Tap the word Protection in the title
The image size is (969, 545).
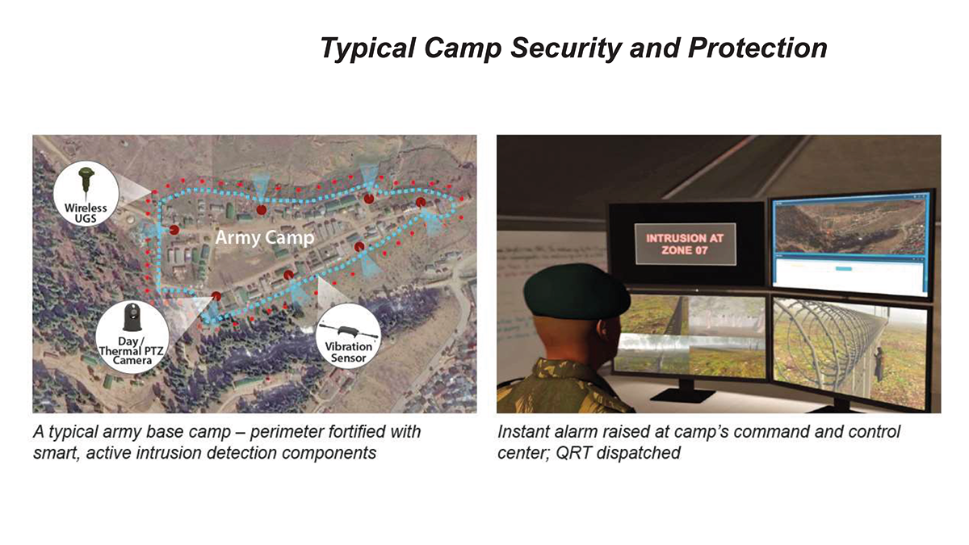pyautogui.click(x=758, y=48)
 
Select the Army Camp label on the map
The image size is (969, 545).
pyautogui.click(x=264, y=237)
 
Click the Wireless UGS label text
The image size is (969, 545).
pyautogui.click(x=86, y=213)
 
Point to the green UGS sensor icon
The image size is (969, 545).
pyautogui.click(x=86, y=183)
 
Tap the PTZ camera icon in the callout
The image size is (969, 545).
pyautogui.click(x=132, y=317)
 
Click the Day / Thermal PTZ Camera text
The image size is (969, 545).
pyautogui.click(x=132, y=350)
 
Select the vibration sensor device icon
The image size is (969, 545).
pyautogui.click(x=348, y=331)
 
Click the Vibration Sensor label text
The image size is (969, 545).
pyautogui.click(x=348, y=352)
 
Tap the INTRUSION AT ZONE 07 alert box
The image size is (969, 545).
pyautogui.click(x=685, y=244)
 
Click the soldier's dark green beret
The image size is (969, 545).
pyautogui.click(x=577, y=291)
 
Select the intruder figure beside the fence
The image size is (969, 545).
pyautogui.click(x=879, y=364)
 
